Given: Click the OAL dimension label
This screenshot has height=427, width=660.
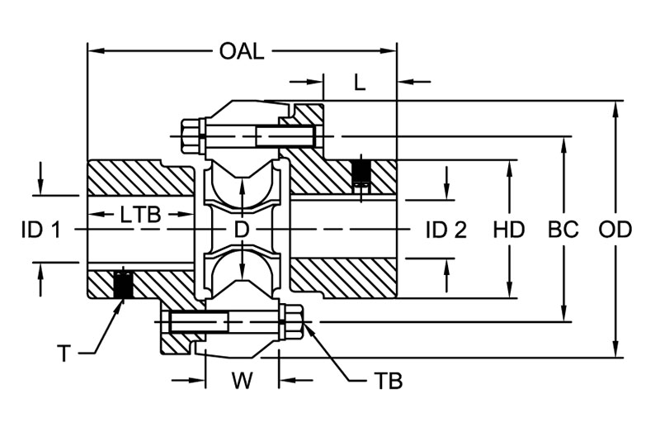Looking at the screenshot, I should tap(242, 51).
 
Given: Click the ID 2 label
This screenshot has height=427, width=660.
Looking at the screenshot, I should tap(446, 230).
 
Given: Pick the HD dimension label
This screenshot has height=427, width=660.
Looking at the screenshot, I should tap(509, 230).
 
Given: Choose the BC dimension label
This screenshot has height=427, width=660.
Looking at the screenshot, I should tap(563, 230).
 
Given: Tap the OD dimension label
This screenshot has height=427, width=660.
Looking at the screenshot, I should tap(615, 230).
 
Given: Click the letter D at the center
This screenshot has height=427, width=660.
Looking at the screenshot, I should tap(242, 230).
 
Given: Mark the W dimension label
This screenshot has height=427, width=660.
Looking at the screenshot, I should tap(242, 382).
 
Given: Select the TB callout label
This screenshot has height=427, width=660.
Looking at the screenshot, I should tap(387, 382).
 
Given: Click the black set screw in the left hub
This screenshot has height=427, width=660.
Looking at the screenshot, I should tap(123, 284).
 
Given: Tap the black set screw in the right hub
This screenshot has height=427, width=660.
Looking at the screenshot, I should tap(360, 172).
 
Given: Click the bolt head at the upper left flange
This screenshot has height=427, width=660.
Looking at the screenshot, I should tap(191, 135).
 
